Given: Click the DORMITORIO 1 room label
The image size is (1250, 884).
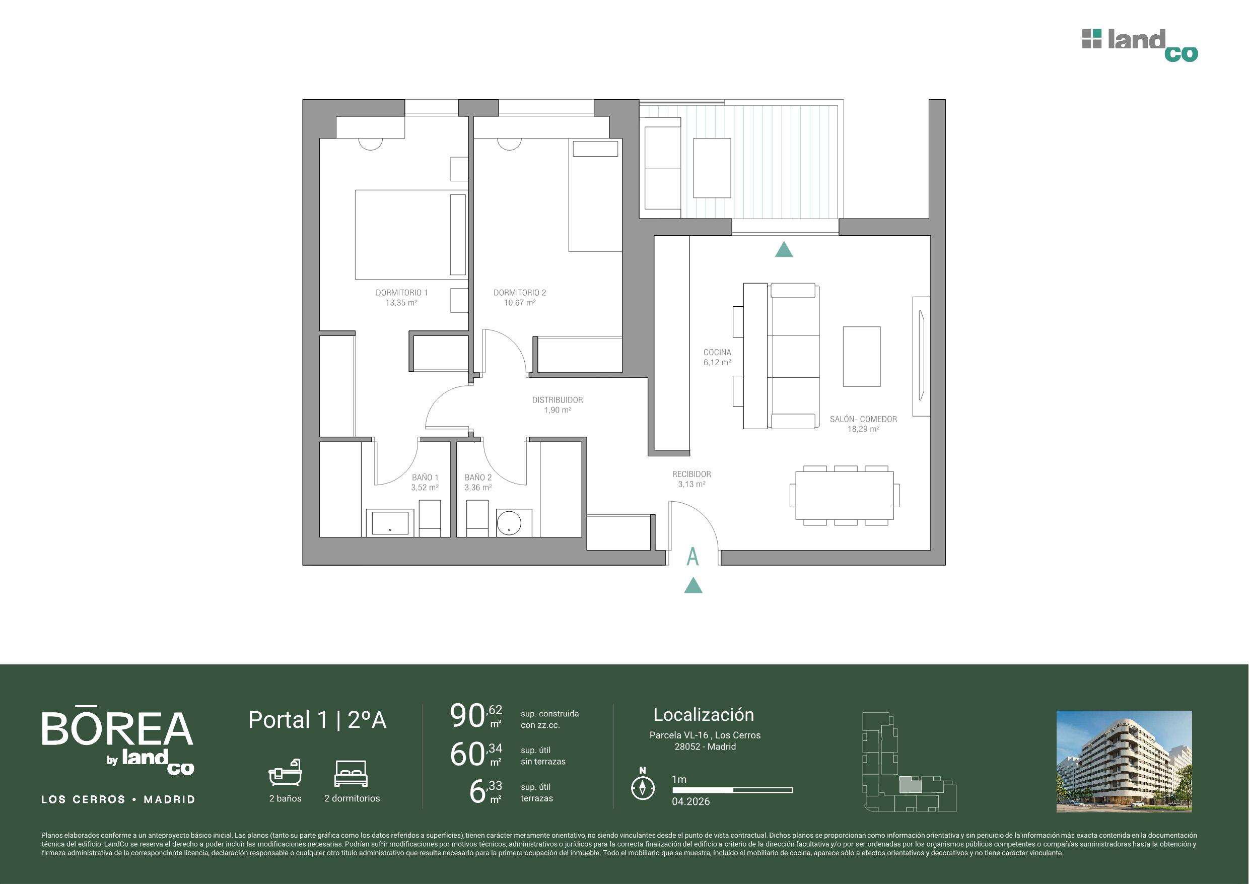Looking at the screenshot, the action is [x=402, y=293].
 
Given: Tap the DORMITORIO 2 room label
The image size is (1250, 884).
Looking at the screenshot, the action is [x=520, y=293].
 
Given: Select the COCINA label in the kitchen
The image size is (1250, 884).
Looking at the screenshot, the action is [x=717, y=353].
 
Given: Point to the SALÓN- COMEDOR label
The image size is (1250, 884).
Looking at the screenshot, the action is [x=863, y=420].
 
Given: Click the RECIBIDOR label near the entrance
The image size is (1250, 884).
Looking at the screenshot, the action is [x=691, y=474].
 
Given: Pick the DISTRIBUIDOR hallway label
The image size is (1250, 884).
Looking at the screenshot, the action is [x=558, y=400].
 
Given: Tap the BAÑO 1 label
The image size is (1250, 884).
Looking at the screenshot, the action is [x=425, y=478].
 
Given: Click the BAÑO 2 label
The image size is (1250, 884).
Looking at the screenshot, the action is [x=478, y=478].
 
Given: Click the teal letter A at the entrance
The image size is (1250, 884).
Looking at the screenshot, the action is [x=692, y=557].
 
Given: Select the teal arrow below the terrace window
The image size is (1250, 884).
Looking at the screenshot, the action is [x=784, y=249].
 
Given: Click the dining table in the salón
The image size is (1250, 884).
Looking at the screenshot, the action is [x=845, y=496].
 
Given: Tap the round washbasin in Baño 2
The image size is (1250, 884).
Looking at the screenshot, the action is [x=509, y=523].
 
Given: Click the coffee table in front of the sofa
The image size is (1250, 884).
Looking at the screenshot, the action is [x=862, y=357].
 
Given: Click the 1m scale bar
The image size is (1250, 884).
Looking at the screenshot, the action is [x=733, y=790].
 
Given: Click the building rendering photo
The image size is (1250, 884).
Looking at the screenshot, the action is [x=1124, y=762].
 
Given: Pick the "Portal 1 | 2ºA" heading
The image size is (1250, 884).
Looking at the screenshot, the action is [x=317, y=720].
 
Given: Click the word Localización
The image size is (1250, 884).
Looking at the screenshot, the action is [x=704, y=715].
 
